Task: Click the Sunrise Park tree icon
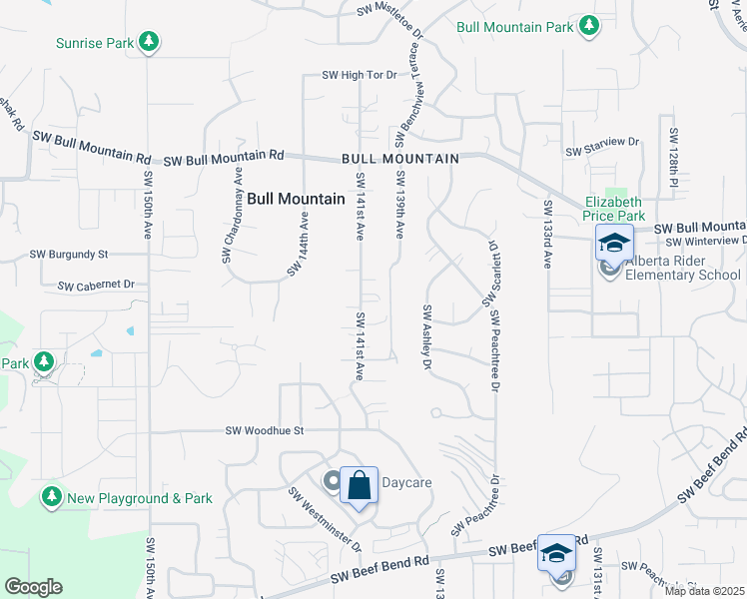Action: [149, 42]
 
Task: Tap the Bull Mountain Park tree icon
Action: [590, 26]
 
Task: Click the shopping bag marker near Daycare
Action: [360, 486]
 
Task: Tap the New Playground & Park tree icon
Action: [52, 496]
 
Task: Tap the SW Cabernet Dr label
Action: [96, 285]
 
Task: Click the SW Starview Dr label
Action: [602, 152]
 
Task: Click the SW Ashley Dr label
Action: [426, 338]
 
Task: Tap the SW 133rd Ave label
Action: [548, 234]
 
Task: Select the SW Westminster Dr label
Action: [326, 519]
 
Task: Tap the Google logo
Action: [33, 587]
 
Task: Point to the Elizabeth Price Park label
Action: [614, 208]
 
